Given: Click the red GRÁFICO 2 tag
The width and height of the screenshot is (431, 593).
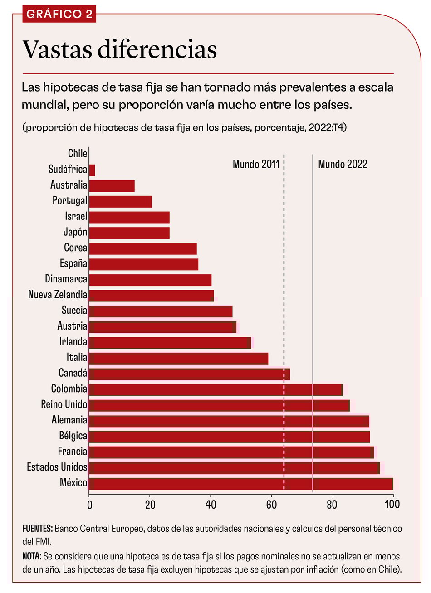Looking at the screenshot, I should [59, 14].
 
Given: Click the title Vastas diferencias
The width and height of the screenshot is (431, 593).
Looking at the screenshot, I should [120, 49].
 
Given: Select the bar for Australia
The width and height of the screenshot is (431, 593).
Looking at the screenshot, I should [112, 185].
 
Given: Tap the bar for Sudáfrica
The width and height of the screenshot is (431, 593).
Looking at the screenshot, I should [92, 170].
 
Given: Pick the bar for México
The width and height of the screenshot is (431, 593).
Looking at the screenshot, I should [241, 483].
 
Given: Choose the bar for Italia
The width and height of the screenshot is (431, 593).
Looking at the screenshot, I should [178, 358].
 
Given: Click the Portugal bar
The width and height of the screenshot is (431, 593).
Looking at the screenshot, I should [120, 201].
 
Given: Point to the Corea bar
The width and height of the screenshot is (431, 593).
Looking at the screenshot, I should [143, 248].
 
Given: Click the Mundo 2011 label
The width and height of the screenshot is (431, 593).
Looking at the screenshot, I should [256, 164].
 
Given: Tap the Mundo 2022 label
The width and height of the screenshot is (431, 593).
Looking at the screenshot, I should [343, 164].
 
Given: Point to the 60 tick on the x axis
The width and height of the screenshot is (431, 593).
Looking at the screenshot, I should [271, 504].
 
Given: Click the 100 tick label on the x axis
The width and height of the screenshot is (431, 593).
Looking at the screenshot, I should [392, 504].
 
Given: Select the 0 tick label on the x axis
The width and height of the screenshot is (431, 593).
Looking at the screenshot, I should [89, 504].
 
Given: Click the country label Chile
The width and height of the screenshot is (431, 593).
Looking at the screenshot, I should [77, 154].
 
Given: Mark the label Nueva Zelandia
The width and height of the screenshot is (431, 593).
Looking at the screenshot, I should [58, 295].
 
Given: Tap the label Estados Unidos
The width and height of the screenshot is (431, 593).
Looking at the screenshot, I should [57, 467].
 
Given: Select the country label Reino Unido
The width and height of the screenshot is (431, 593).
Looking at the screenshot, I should [64, 404].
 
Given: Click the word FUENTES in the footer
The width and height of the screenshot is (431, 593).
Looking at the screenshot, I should [37, 529].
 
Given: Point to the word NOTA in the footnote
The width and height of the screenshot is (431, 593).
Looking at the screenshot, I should [31, 556].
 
